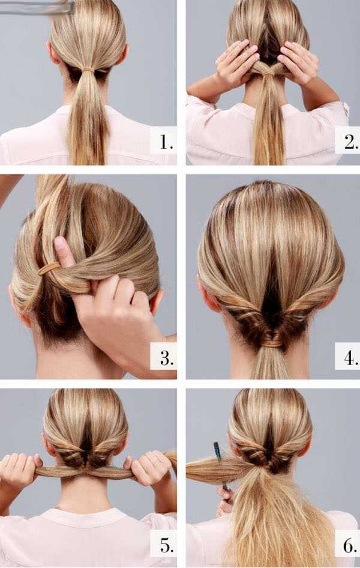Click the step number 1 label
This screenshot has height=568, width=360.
[166, 142]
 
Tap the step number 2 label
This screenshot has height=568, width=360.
[350, 142]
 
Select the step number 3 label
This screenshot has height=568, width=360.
[166, 358]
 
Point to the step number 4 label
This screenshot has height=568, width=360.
[350, 358]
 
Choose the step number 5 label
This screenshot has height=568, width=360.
[166, 545]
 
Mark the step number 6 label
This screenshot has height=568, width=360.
[350, 545]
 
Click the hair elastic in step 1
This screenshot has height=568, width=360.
[88, 69]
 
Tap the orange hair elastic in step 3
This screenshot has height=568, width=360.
[49, 268]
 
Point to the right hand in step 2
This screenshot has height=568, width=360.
[298, 62]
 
